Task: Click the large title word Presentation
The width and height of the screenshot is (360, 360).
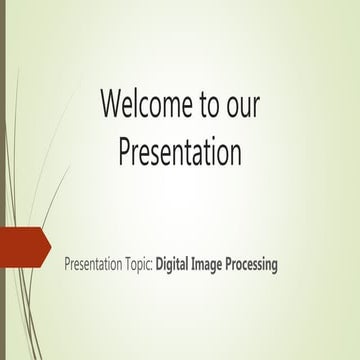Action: tap(180, 152)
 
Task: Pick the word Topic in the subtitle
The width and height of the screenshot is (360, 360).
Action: tap(138, 266)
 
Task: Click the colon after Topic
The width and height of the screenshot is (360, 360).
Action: tap(153, 267)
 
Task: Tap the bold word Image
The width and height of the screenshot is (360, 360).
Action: tap(211, 266)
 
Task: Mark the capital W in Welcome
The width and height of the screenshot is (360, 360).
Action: tap(111, 103)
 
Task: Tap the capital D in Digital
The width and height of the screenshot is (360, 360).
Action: tap(160, 265)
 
